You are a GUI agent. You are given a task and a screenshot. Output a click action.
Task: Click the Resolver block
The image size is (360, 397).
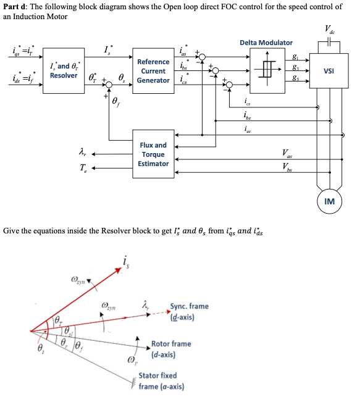click(64, 70)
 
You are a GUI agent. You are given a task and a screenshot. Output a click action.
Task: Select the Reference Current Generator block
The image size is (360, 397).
click(153, 71)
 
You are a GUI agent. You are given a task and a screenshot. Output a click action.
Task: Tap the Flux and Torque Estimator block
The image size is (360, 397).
click(153, 154)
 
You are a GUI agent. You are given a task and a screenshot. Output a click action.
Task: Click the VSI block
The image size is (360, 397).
click(329, 71)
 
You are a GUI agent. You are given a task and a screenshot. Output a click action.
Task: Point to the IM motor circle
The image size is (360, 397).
click(329, 201)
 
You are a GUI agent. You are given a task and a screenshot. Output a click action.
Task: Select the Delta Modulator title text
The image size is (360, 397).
click(266, 42)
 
